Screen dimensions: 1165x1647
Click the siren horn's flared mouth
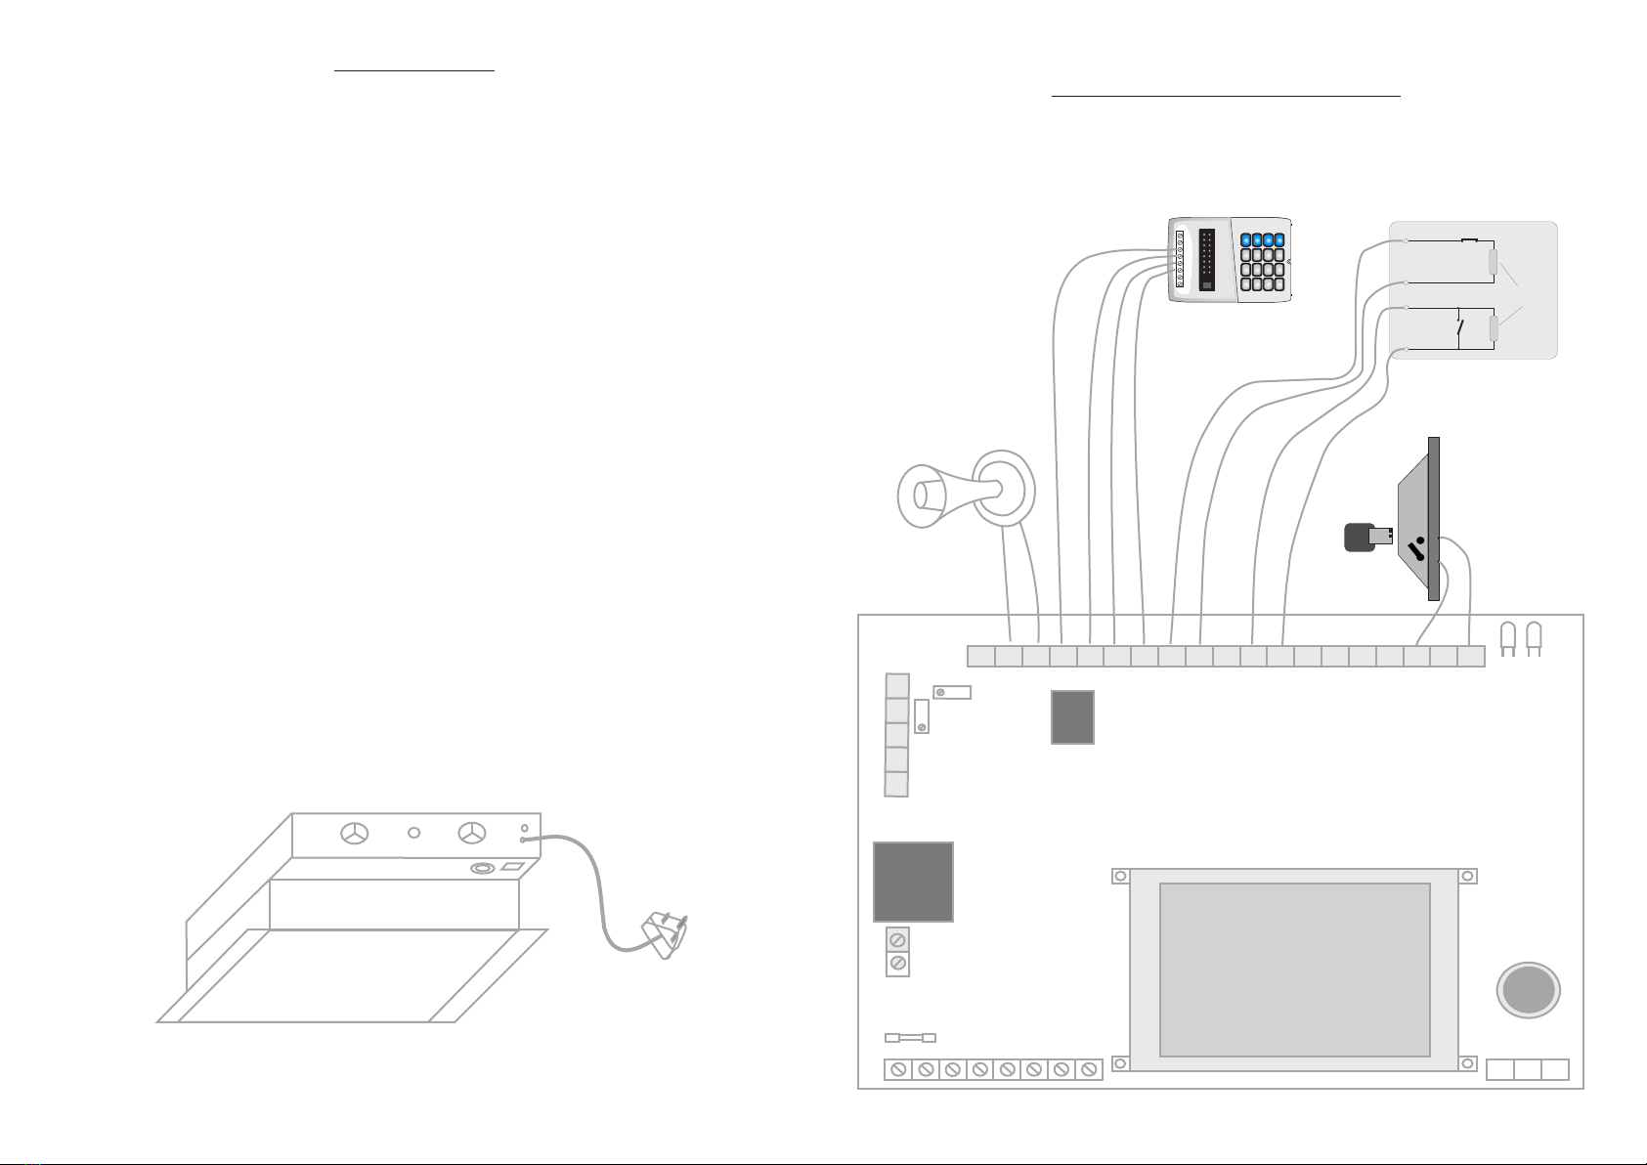click(919, 495)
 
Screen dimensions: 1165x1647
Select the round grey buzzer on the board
click(1528, 990)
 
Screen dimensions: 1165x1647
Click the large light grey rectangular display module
click(1294, 970)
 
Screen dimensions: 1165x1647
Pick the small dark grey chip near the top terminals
click(1072, 716)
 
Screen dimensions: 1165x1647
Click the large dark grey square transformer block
click(913, 881)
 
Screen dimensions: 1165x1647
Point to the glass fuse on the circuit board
click(910, 1037)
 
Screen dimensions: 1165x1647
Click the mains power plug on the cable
click(665, 933)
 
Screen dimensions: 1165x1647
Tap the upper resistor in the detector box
click(1493, 262)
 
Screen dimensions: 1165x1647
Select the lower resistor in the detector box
click(1493, 328)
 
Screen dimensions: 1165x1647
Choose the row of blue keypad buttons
click(1268, 239)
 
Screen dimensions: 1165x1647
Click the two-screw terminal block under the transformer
click(897, 951)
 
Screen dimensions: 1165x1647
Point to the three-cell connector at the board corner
click(1527, 1069)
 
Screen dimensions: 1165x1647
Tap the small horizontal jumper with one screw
click(952, 692)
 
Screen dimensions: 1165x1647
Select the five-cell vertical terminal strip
click(896, 734)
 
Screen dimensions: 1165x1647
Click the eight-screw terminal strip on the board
click(993, 1069)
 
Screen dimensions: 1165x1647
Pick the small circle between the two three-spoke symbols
click(413, 833)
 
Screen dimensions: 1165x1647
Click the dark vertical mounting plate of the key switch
click(1434, 518)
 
